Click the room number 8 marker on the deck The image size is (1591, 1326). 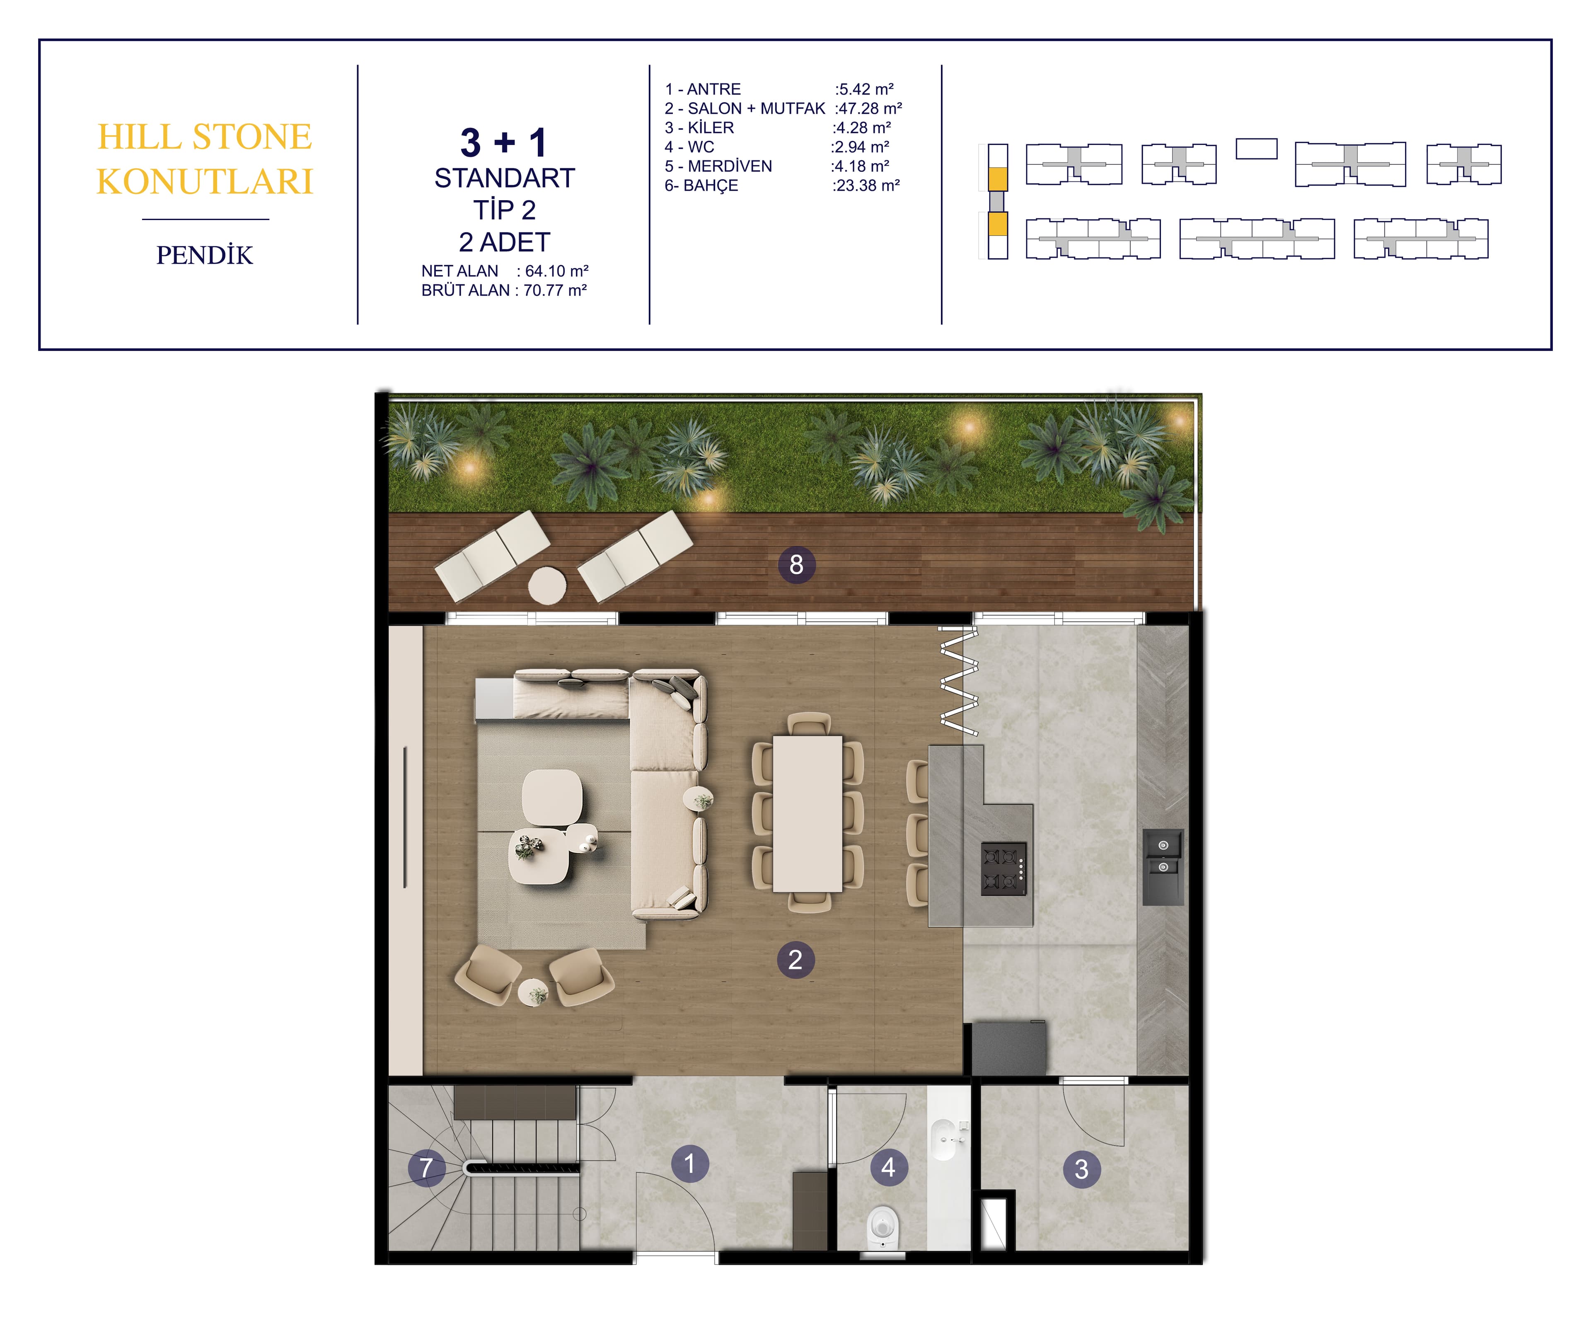(796, 564)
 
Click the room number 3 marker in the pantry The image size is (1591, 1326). (1082, 1169)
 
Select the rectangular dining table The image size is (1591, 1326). (808, 813)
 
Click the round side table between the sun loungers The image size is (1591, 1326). (547, 586)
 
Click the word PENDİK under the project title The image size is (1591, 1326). (205, 255)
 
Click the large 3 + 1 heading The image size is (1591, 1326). (504, 143)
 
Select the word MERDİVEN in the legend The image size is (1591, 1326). (730, 166)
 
